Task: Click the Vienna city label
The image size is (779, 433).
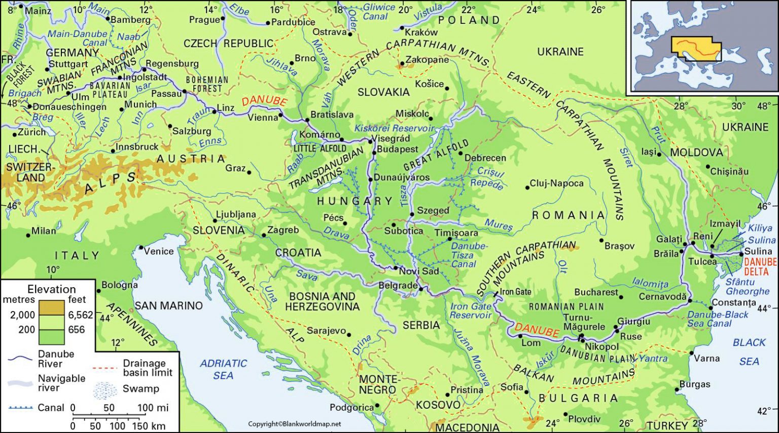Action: [x=262, y=117]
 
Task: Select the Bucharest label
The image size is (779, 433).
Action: [x=596, y=292]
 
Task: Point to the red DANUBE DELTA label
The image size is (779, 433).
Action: [x=760, y=266]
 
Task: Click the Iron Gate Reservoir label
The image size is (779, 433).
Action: [x=471, y=310]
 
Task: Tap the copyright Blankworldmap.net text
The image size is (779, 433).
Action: [x=294, y=424]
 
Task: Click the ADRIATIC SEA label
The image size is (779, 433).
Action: [x=223, y=369]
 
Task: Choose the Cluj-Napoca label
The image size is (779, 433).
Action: [x=556, y=183]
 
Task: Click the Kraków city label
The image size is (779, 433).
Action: [x=421, y=32]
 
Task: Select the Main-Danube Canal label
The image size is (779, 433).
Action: [x=78, y=38]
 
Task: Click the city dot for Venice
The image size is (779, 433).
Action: [x=141, y=248]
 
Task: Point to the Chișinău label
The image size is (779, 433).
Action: [x=729, y=172]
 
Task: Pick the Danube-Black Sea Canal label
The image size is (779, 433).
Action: [x=717, y=319]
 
